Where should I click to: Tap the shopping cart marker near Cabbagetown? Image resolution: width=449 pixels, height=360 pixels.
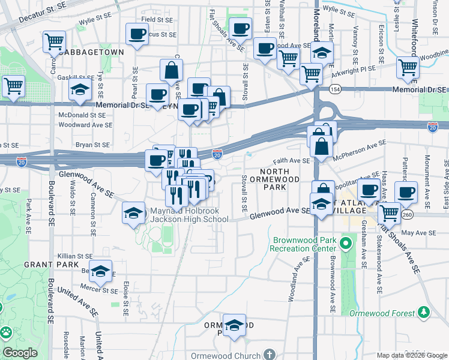point(54,42)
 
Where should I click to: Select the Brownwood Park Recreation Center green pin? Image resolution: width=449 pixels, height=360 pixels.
point(345,244)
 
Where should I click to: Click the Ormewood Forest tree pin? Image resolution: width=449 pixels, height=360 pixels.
point(424,312)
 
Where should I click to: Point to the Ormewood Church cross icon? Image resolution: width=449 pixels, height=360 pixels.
point(270,355)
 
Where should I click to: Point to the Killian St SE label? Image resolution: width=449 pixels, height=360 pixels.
point(74,256)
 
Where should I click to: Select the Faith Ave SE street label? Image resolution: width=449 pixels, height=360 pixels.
point(291,161)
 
